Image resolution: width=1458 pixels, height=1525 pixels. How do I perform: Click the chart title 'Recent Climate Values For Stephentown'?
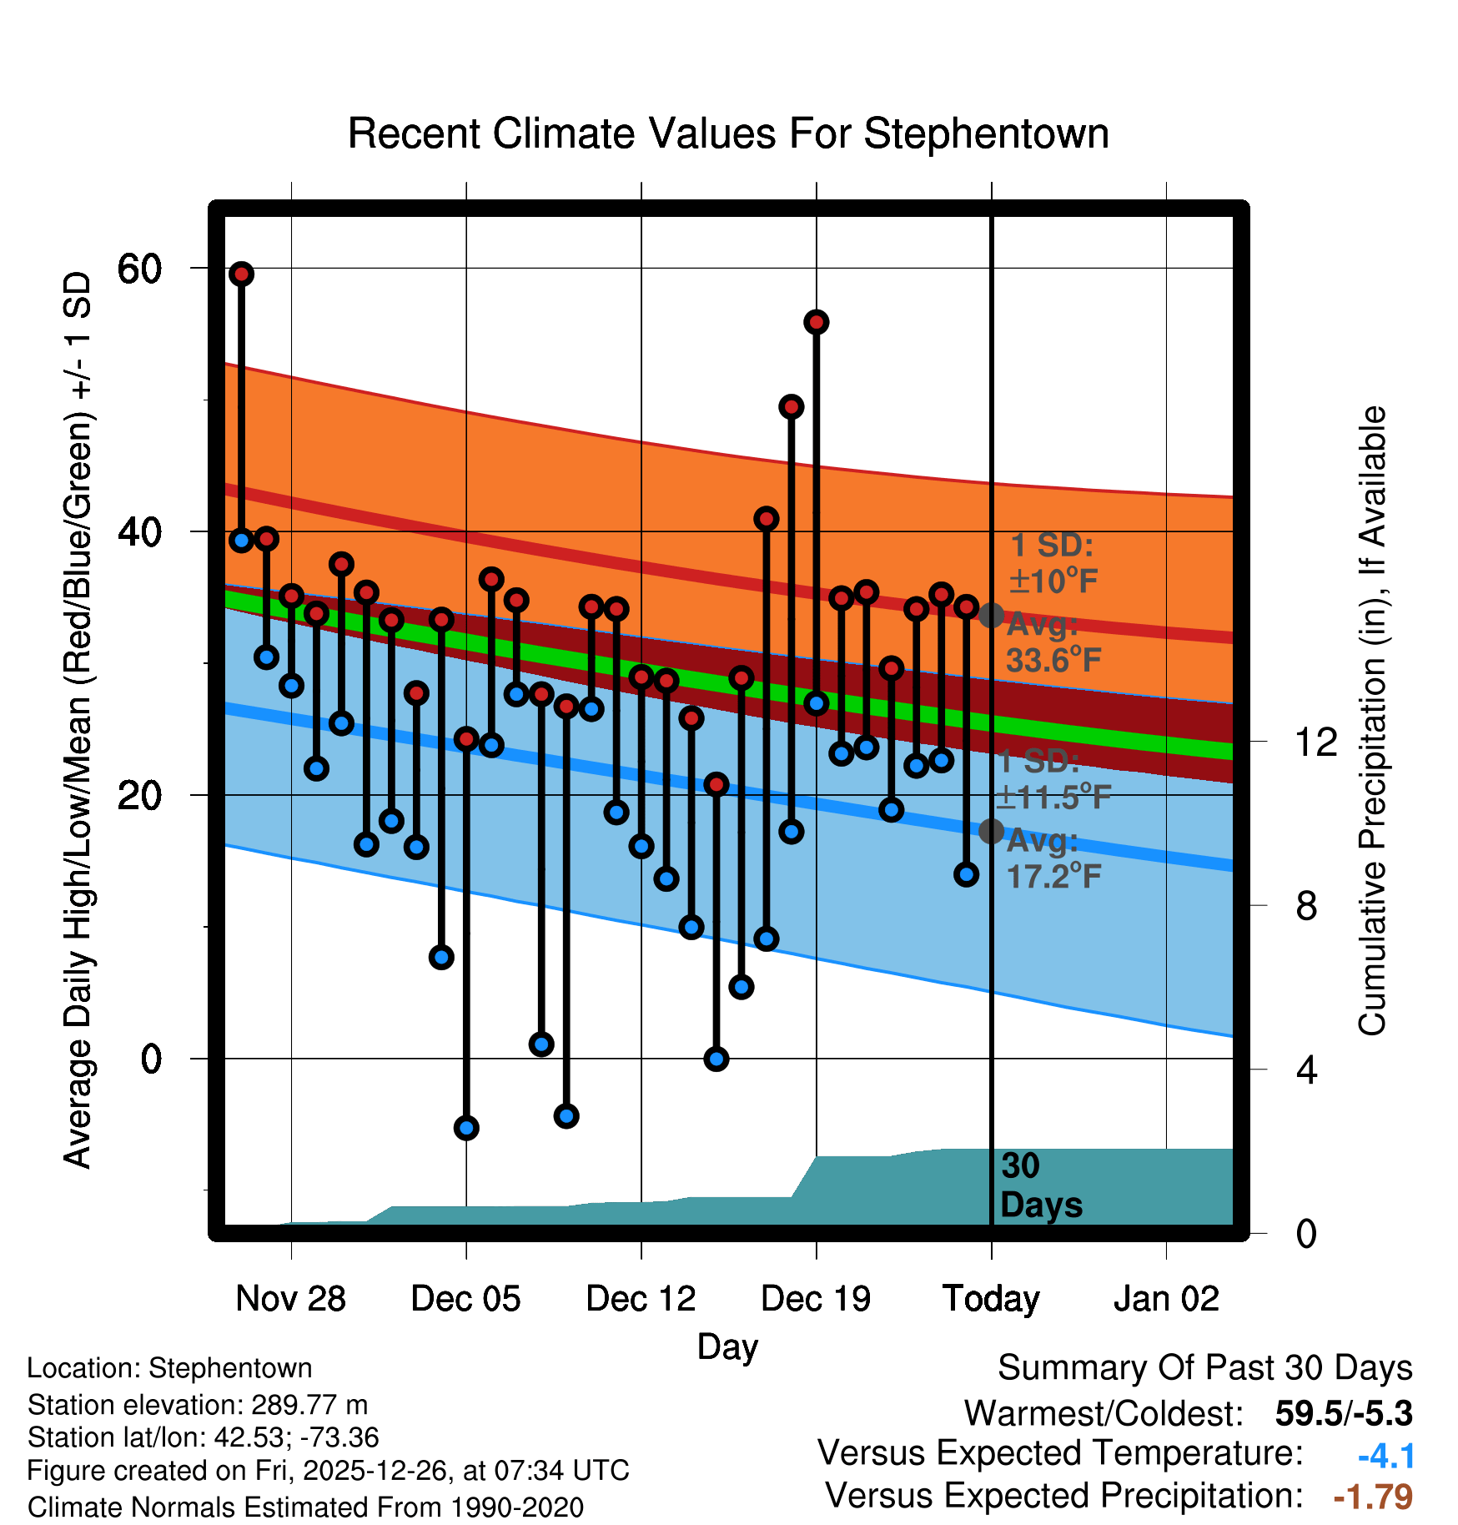pyautogui.click(x=728, y=134)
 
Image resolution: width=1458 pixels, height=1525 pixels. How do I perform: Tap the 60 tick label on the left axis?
pyautogui.click(x=139, y=269)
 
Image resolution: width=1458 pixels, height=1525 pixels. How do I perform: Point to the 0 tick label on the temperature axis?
pyautogui.click(x=151, y=1059)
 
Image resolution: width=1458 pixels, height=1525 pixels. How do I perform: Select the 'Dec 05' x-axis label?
pyautogui.click(x=465, y=1299)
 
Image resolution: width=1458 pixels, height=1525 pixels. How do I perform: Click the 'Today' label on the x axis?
pyautogui.click(x=991, y=1299)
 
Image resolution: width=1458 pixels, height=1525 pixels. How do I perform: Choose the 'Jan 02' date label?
pyautogui.click(x=1166, y=1299)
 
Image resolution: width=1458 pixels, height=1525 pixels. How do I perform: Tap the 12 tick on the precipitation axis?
pyautogui.click(x=1316, y=742)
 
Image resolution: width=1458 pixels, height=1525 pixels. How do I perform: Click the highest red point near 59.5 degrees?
pyautogui.click(x=242, y=274)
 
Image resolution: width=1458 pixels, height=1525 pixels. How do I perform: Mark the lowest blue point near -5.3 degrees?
pyautogui.click(x=466, y=1128)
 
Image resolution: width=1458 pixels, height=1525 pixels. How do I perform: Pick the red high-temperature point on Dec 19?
pyautogui.click(x=817, y=322)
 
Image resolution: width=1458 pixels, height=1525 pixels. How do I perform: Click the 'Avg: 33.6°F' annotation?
pyautogui.click(x=1053, y=643)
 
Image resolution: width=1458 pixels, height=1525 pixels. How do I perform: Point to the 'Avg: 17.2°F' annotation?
pyautogui.click(x=1053, y=859)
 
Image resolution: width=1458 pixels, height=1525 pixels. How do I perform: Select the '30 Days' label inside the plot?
pyautogui.click(x=1040, y=1185)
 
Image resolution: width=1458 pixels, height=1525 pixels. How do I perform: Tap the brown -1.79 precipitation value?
pyautogui.click(x=1373, y=1497)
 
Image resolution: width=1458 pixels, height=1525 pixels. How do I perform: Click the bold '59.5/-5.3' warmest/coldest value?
pyautogui.click(x=1344, y=1413)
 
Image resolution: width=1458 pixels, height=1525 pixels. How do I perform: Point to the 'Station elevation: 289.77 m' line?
pyautogui.click(x=198, y=1405)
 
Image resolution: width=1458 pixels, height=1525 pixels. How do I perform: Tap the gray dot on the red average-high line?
pyautogui.click(x=991, y=616)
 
